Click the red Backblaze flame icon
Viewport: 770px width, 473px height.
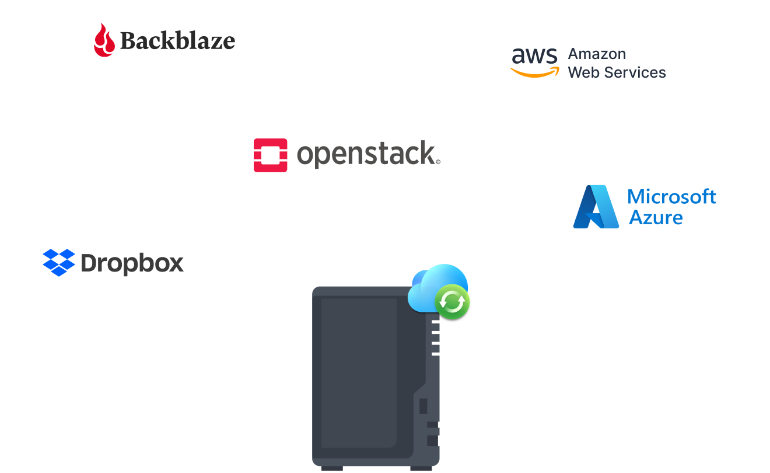104,40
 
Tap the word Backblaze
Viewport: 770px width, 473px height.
177,41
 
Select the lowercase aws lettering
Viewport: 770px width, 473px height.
534,56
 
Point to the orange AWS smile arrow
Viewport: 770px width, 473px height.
534,72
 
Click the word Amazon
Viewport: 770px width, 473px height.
597,54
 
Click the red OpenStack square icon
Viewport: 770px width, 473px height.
270,155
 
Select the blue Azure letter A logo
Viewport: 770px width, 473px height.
596,207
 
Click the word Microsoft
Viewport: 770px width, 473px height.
671,197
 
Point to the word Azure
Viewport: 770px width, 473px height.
656,218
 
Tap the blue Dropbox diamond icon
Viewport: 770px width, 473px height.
59,263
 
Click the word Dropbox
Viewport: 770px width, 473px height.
132,264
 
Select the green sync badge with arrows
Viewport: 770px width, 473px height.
452,302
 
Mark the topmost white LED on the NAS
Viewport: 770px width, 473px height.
435,322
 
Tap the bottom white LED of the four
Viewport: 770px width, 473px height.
435,353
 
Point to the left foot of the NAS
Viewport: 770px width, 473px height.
332,468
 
